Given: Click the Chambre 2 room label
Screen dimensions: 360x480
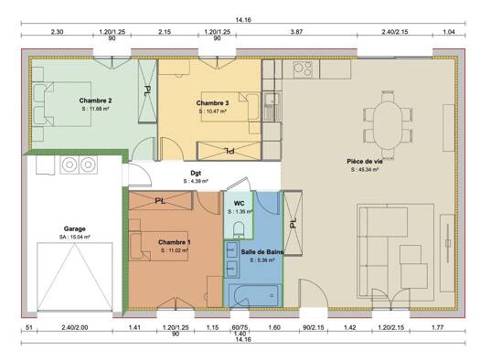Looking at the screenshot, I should [x=95, y=100].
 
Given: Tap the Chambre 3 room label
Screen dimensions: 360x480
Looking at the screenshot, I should [x=212, y=103].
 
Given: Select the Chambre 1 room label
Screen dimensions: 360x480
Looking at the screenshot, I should [x=175, y=241].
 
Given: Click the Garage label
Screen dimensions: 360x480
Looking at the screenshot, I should [x=75, y=228].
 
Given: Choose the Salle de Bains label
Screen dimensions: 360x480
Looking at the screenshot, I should [x=255, y=249].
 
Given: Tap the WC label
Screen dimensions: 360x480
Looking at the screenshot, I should [x=239, y=203].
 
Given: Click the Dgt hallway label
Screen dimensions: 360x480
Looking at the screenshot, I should [x=196, y=172].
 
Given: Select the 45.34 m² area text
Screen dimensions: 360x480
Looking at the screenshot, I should [x=366, y=170].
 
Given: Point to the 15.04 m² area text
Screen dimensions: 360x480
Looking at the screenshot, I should [x=75, y=238].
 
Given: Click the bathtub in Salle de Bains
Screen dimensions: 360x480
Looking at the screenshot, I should [x=254, y=293].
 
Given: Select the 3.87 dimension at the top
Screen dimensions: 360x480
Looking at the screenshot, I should [x=296, y=32].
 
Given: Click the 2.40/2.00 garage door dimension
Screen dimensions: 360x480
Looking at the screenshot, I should [x=75, y=326].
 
